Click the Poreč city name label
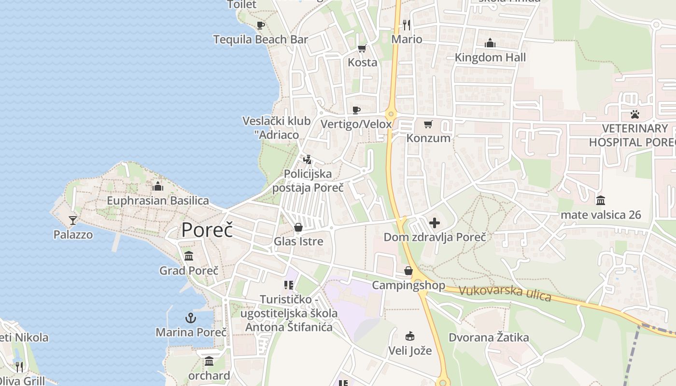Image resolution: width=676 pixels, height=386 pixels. [207, 230]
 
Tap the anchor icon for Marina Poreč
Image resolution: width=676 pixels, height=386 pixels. [191, 317]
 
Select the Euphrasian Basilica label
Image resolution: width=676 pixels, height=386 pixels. [158, 201]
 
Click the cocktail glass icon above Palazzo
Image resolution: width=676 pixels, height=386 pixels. [73, 221]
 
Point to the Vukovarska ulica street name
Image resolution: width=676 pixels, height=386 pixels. [505, 293]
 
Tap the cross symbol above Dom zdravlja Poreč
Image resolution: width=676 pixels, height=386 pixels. [435, 223]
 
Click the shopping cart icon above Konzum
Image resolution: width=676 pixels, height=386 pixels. [428, 124]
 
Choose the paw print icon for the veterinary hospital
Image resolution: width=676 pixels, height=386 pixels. [634, 114]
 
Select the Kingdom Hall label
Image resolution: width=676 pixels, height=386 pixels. [490, 57]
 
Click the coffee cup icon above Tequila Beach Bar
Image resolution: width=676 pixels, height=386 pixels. [261, 25]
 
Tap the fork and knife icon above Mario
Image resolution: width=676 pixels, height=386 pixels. [407, 25]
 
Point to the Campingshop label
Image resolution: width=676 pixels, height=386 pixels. [408, 285]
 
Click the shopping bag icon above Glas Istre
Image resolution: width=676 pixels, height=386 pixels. [298, 227]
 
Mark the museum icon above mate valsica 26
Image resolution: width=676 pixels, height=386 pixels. [601, 200]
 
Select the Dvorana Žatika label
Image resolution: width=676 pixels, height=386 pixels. [489, 337]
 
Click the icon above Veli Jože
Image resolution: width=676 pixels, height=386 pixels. [410, 336]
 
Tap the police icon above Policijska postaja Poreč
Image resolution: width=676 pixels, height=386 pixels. [308, 159]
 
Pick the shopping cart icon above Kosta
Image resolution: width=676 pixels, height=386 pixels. [362, 48]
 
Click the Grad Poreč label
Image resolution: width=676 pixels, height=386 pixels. [189, 271]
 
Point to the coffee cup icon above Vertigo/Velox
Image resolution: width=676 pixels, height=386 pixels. [356, 110]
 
